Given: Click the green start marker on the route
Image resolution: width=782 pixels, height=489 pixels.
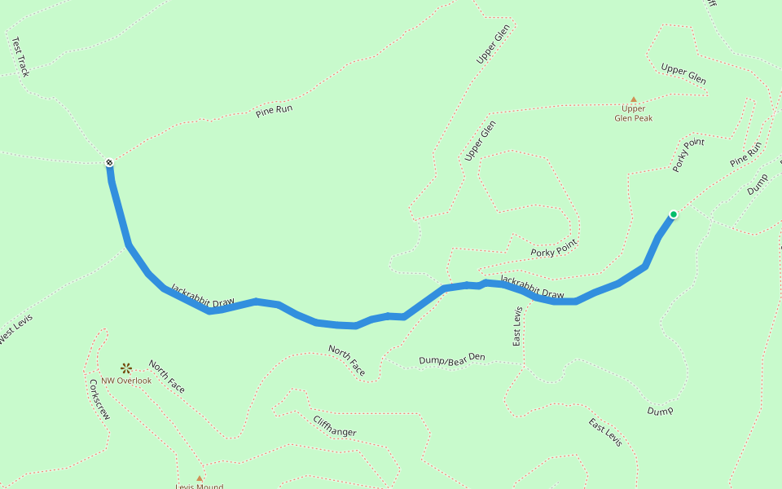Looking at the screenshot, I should click(x=673, y=214).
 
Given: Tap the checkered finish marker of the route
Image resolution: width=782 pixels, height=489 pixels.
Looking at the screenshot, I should click(x=109, y=164).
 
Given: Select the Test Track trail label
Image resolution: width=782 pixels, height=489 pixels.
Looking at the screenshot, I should click(x=20, y=58).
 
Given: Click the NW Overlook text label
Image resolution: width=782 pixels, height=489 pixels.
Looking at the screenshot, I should click(x=126, y=381).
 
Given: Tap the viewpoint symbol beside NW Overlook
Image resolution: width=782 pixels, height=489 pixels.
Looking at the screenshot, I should click(x=125, y=368).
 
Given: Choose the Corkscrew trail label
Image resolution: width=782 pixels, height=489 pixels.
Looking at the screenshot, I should click(x=99, y=399).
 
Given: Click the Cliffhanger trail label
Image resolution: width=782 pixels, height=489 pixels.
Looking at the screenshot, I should click(x=334, y=425).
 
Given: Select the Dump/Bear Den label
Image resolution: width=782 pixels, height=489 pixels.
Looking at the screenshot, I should click(x=451, y=359).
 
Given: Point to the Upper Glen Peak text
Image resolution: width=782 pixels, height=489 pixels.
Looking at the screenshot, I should click(x=633, y=113).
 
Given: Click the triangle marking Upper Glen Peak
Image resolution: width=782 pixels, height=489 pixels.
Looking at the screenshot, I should click(x=634, y=99).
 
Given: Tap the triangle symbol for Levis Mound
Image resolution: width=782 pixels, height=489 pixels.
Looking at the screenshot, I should click(x=199, y=478).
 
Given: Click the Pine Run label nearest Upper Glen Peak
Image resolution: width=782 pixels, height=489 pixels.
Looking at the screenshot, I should click(x=745, y=155).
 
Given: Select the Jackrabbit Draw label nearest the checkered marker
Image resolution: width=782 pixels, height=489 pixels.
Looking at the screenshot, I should click(x=202, y=296).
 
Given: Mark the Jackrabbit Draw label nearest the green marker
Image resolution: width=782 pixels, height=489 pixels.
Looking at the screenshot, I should click(x=532, y=287).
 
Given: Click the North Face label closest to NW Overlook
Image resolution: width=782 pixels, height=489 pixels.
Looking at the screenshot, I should click(x=166, y=376).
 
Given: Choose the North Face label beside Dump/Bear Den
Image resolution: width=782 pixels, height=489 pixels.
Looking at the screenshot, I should click(x=346, y=360).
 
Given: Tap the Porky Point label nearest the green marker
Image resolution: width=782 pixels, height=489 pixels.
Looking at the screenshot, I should click(x=688, y=155).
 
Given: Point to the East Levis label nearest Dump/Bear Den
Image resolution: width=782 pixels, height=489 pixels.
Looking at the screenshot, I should click(x=517, y=327).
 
